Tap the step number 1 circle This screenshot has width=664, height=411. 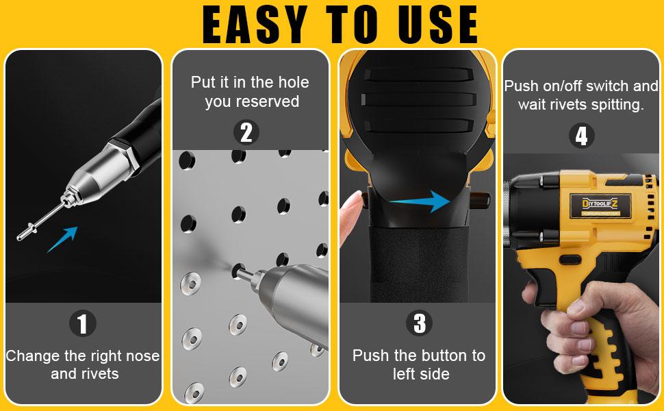pos(83,323)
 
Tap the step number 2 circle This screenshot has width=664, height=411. pos(246,132)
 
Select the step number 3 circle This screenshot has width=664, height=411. pos(419,323)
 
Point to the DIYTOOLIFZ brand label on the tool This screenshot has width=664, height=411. pos(600,202)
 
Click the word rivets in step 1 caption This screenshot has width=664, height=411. pos(99,374)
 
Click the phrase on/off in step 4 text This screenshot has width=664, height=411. pos(563,87)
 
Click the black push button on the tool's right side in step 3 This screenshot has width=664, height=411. pos(483,200)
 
